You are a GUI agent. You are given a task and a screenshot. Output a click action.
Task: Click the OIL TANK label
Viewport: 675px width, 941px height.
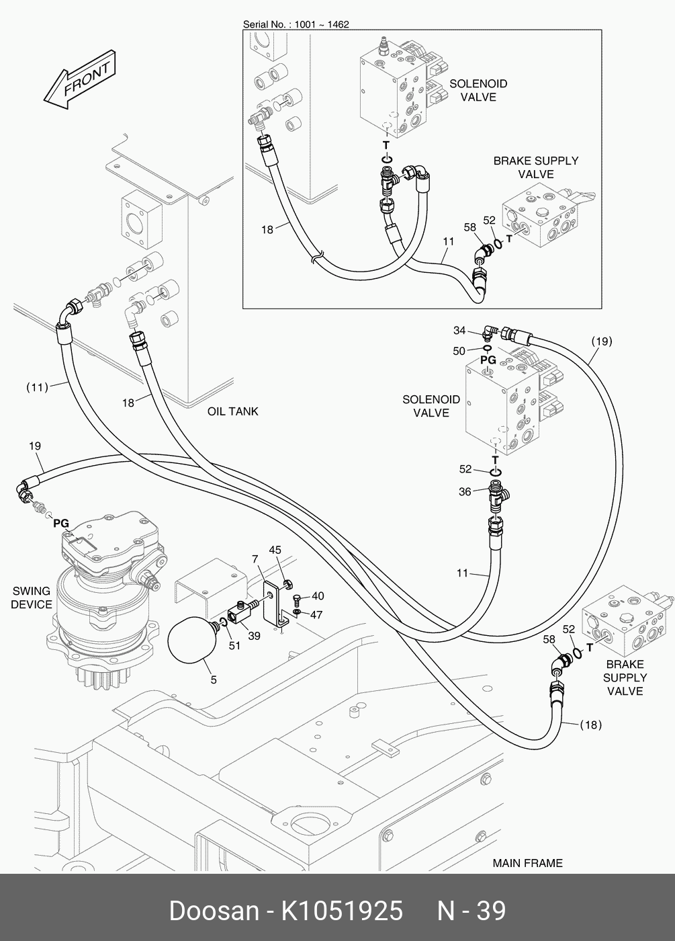tap(232, 411)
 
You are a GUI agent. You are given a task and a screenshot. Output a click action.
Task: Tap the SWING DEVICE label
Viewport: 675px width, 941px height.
tap(32, 598)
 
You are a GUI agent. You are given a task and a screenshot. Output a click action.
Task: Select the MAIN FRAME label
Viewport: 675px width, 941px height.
tap(527, 863)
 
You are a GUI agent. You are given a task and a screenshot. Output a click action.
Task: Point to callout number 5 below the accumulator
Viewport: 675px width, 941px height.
tap(214, 680)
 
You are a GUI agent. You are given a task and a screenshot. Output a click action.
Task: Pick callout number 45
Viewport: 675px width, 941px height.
tap(275, 550)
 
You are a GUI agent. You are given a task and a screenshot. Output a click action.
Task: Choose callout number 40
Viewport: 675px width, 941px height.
tap(318, 596)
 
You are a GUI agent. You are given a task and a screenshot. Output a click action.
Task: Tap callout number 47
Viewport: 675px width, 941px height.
tap(316, 614)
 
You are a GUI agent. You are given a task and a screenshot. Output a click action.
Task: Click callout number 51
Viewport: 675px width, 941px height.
tap(234, 646)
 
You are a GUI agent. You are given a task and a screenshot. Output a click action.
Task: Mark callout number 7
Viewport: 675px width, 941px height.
tap(255, 559)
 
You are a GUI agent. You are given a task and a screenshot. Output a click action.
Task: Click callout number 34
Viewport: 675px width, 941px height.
tap(459, 330)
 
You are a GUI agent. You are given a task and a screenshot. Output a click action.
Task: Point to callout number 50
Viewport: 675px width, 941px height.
tap(459, 350)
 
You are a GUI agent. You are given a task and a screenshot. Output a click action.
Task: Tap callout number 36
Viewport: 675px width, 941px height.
tap(465, 492)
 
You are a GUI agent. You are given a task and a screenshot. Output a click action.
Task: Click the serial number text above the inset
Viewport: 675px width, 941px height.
tap(296, 24)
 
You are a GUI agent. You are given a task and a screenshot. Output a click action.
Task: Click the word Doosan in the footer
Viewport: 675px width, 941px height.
tap(214, 911)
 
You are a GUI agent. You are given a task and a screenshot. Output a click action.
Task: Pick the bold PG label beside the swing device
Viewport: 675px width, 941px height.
tap(61, 523)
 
